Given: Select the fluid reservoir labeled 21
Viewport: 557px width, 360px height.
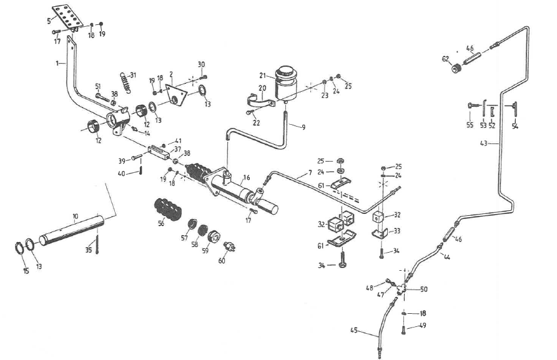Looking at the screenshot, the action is (286, 84).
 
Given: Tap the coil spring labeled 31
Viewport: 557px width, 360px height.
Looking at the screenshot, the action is (124, 83).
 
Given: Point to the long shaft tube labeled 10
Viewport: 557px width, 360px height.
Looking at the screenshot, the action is (72, 230).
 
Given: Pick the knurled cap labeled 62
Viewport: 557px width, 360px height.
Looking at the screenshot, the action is (456, 67).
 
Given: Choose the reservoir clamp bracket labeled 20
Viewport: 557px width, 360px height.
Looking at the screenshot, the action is (261, 100).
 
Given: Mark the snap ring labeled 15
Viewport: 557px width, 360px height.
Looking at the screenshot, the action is (19, 248).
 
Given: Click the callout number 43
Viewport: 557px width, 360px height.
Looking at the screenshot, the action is (483, 144).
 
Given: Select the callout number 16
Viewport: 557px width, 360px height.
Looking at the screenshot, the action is (246, 177).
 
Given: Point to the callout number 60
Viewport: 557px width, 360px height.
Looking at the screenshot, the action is (222, 261).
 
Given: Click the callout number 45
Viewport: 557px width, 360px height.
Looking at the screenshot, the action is (354, 330).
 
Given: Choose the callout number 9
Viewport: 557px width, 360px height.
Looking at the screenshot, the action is (303, 127).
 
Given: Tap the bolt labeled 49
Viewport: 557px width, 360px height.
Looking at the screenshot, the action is (404, 329).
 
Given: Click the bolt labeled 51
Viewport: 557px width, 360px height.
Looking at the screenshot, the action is (103, 97).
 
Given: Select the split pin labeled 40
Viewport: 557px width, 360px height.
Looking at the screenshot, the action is (141, 170).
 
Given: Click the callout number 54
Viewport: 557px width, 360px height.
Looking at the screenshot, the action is (515, 125).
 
